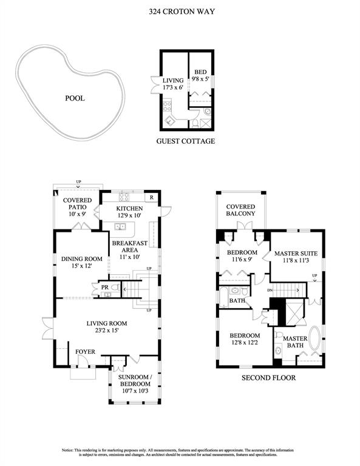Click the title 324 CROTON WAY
pos(182,12)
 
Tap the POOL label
pos(75,98)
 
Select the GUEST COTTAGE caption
pos(186,141)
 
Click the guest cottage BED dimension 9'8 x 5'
pos(201,79)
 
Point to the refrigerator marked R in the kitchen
pos(151,198)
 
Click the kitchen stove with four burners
pos(124,197)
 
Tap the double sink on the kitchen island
pos(120,226)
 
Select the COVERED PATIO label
pos(77,204)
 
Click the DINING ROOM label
pos(82,259)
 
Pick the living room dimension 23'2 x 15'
pos(107,330)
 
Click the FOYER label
pos(86,352)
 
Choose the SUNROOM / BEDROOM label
pos(134,380)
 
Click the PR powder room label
pos(105,288)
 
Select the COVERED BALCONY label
pos(240,210)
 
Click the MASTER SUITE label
pos(296,254)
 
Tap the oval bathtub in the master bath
pos(314,338)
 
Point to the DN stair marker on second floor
pos(270,290)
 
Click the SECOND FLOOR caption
pos(269,378)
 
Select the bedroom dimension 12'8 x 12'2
pos(245,342)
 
